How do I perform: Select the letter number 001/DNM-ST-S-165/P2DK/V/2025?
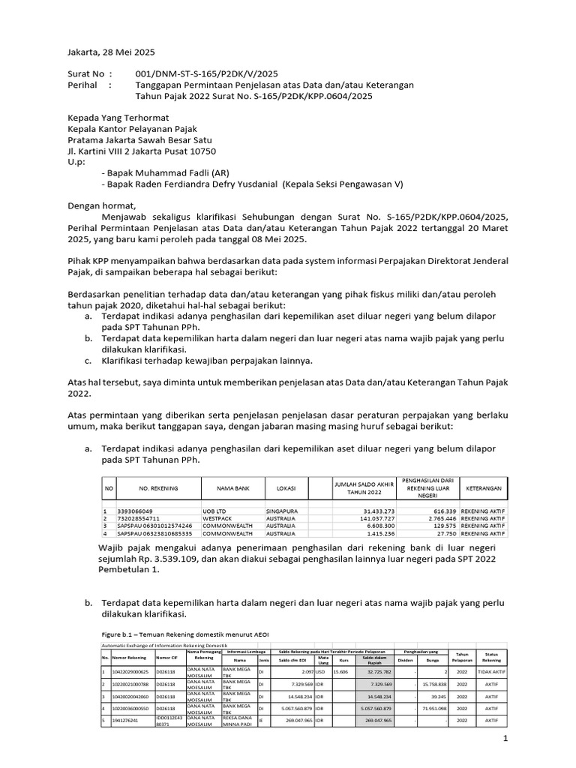[x=206, y=73]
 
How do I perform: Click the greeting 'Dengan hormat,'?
[x=103, y=205]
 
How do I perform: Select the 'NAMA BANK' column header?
[x=232, y=488]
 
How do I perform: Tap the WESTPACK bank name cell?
[x=218, y=519]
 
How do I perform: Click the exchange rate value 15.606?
[x=341, y=671]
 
